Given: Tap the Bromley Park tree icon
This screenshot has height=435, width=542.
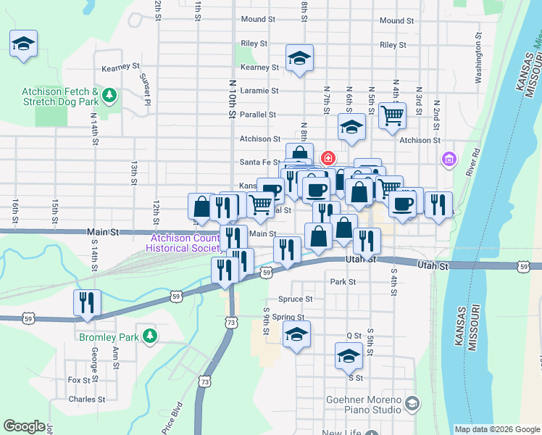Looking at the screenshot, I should coord(150,336).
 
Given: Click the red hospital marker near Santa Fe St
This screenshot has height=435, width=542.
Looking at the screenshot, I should coord(328,157).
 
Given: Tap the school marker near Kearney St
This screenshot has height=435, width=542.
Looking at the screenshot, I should coord(299,59).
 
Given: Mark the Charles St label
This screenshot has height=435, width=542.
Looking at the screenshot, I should coord(87,399).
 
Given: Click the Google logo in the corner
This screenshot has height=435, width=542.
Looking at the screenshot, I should coord(24,426).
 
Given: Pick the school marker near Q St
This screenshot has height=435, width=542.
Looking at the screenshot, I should coord(349,355).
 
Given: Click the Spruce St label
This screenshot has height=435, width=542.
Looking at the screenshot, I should coord(295,299).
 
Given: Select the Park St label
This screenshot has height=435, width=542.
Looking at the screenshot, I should coord(343,282).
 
